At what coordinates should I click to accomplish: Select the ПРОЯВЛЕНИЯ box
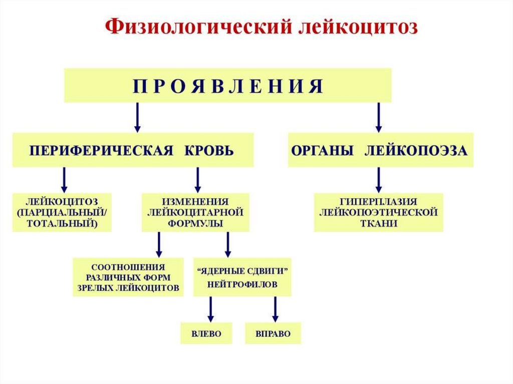pos(227,86)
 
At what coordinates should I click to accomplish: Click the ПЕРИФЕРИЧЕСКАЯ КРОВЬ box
pos(133,150)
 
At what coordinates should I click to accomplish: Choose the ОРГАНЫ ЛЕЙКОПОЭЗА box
pos(381,150)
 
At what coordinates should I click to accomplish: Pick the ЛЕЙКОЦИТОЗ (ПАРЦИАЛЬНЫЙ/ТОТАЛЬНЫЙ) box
pos(63,212)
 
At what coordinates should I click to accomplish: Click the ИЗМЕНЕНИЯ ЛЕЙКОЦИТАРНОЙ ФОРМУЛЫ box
pos(195,212)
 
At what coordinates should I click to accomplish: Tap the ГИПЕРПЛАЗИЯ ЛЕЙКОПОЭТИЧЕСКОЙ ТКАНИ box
pos(379,212)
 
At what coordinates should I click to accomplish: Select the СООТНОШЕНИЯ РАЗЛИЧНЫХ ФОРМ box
pos(128,277)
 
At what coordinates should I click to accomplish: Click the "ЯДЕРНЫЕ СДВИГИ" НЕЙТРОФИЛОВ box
pos(242,277)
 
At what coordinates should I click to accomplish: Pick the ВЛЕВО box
pos(206,333)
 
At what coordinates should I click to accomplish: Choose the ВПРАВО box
pos(273,333)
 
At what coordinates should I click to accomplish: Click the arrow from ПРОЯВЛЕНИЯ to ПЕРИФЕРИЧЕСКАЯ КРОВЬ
pos(137,117)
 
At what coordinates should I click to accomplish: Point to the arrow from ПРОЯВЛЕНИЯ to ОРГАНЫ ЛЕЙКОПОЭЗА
pos(379,117)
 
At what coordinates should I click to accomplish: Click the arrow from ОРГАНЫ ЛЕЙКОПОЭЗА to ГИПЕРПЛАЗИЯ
pos(379,180)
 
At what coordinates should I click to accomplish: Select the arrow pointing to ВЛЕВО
pos(210,309)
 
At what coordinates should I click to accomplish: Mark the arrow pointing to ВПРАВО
pos(275,309)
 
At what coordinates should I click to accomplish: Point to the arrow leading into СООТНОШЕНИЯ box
pos(159,244)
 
